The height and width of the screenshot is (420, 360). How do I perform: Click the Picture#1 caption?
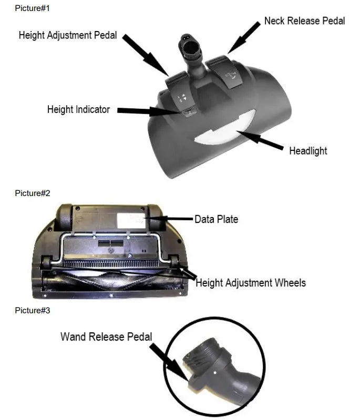pyautogui.click(x=32, y=8)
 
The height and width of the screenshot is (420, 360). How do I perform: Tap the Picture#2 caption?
pyautogui.click(x=33, y=193)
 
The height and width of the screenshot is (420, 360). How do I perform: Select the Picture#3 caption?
pyautogui.click(x=33, y=311)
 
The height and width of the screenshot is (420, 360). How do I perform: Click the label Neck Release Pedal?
pyautogui.click(x=304, y=21)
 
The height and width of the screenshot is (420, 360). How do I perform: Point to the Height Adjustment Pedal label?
pyautogui.click(x=68, y=35)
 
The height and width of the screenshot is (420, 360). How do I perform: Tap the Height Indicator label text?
pyautogui.click(x=78, y=109)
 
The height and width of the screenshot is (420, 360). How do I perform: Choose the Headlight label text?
pyautogui.click(x=308, y=151)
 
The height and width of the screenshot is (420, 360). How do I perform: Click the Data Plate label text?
pyautogui.click(x=216, y=219)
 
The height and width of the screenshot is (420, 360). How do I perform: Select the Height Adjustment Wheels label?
pyautogui.click(x=251, y=283)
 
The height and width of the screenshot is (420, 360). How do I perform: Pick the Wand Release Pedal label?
pyautogui.click(x=106, y=337)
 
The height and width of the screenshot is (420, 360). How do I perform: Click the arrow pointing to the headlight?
pyautogui.click(x=260, y=140)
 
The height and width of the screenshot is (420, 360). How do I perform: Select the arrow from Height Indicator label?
pyautogui.click(x=149, y=110)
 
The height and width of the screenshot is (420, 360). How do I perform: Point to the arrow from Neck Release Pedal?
pyautogui.click(x=244, y=37)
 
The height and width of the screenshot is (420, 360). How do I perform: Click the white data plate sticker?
pyautogui.click(x=131, y=221)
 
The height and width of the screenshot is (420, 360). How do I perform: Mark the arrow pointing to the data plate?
pyautogui.click(x=169, y=219)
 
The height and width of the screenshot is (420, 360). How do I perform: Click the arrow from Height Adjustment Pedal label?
pyautogui.click(x=146, y=55)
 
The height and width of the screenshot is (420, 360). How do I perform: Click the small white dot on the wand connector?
pyautogui.click(x=215, y=372)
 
